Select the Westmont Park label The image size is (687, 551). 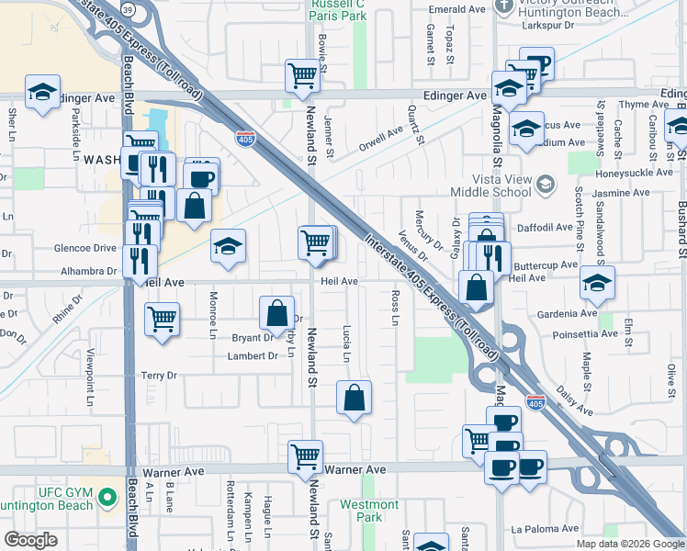tap(369, 511)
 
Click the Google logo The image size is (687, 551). tap(30, 540)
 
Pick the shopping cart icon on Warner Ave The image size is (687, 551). tap(305, 455)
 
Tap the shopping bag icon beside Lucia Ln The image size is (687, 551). tap(354, 398)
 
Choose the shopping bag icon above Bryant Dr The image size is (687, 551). tap(276, 313)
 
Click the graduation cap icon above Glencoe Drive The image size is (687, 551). tap(229, 245)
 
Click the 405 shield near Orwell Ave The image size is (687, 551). tap(245, 139)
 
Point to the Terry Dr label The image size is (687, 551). tap(159, 376)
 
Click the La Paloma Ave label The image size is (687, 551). tap(542, 529)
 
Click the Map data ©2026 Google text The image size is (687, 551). tap(629, 543)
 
